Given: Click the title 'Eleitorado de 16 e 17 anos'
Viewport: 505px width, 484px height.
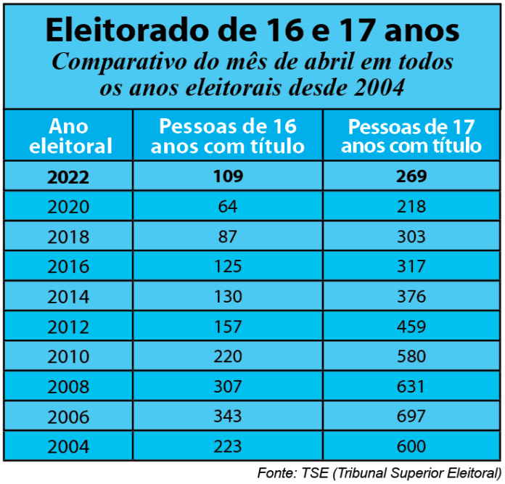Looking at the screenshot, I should [252, 31].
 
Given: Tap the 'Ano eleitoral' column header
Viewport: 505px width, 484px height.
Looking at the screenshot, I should [70, 136].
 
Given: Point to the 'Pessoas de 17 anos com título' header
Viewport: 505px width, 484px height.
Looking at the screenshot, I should [411, 136].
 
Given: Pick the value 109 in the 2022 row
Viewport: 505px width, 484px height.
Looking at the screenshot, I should [228, 176].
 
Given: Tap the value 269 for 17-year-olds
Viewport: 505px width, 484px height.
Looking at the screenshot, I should [411, 176].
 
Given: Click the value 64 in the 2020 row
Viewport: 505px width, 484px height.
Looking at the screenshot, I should [228, 207].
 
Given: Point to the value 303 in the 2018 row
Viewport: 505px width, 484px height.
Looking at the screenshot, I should [411, 237].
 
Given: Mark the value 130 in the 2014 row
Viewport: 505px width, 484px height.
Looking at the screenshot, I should [228, 297].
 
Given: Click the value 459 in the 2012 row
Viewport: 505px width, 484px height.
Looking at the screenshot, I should [411, 327].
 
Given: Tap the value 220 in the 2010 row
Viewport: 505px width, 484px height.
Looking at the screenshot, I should [228, 356].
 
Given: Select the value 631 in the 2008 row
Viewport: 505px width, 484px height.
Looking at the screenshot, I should [411, 387].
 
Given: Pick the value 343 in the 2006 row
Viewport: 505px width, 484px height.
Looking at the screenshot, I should [228, 417].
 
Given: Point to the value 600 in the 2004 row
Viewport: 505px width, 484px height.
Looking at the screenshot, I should [411, 446].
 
